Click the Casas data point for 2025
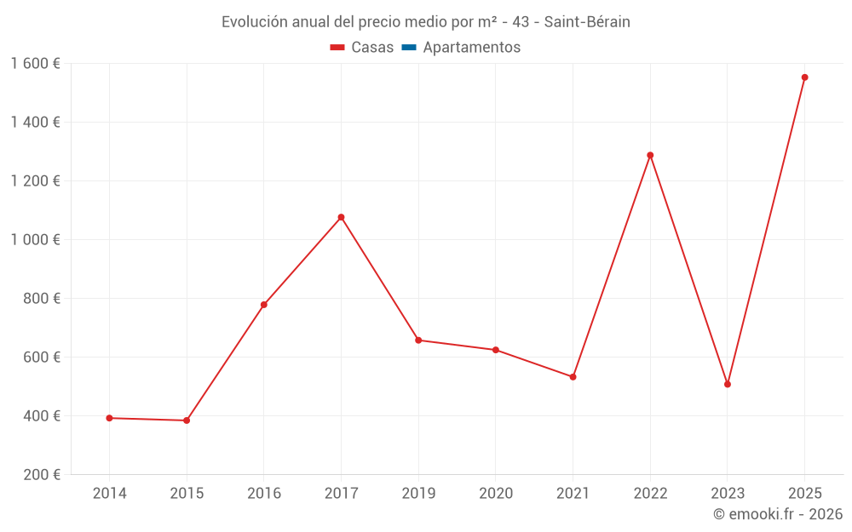point(804,77)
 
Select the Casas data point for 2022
point(650,155)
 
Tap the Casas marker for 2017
point(341,217)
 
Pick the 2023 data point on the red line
point(728,384)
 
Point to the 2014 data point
point(109,418)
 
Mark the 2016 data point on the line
point(264,305)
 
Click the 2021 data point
point(573,377)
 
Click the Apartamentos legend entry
point(471,48)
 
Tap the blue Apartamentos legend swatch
point(408,48)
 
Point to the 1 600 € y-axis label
point(35,64)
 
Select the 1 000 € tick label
point(35,240)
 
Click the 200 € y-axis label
point(43,475)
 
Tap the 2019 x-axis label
point(418,494)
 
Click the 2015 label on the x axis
point(187,494)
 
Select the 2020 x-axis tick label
point(496,494)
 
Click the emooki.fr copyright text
point(778,514)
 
